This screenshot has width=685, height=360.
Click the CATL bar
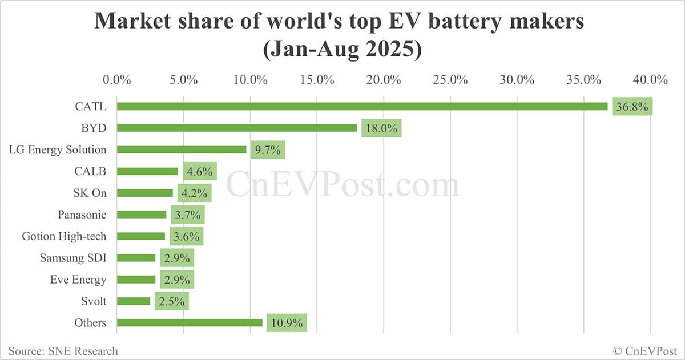point(362,106)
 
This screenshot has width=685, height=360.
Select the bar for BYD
point(236,128)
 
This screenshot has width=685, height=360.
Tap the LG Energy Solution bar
point(182,149)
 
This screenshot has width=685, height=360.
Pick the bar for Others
point(190,323)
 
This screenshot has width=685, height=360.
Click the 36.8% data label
point(632,107)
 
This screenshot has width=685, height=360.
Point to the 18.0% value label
point(381,128)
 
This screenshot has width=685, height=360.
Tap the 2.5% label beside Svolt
point(171,301)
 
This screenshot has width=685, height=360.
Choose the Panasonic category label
point(82,215)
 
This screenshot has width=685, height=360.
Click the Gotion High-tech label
point(64,236)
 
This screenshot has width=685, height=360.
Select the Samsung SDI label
point(73,258)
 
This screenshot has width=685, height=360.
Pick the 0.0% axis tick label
point(117,79)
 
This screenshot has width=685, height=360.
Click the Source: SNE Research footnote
point(63,351)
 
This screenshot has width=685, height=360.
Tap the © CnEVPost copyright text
point(644,351)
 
